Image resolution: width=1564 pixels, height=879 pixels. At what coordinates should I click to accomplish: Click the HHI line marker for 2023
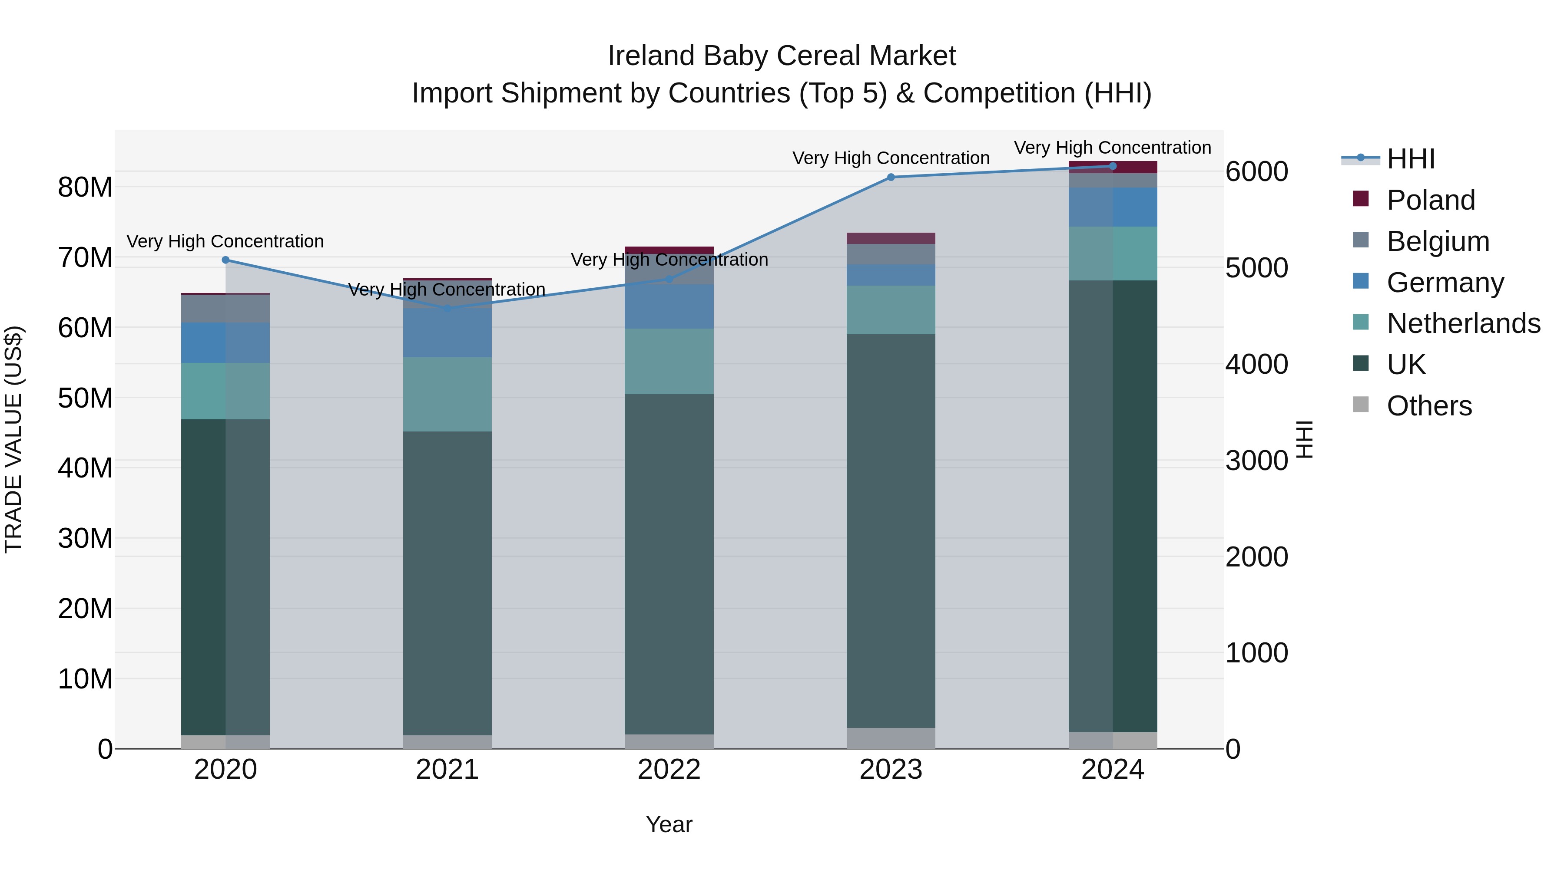click(891, 177)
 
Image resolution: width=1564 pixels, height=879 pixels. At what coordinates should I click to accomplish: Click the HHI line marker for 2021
click(447, 309)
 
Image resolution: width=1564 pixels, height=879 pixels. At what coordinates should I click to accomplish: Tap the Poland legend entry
click(1431, 200)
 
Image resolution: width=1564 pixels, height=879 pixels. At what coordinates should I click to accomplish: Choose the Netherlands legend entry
click(1463, 323)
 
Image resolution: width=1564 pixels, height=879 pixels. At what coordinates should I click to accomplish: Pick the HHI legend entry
click(1410, 159)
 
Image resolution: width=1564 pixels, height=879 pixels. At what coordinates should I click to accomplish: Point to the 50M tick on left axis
click(85, 398)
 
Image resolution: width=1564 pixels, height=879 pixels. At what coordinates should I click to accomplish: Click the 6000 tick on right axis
click(1256, 171)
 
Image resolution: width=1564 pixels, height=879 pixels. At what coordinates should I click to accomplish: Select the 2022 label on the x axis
click(669, 770)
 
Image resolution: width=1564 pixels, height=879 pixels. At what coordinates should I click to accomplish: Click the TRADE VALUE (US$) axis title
click(13, 439)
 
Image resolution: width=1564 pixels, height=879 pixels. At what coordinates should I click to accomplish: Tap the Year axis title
click(669, 824)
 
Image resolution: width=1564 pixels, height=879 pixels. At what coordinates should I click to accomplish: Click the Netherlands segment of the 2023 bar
click(891, 309)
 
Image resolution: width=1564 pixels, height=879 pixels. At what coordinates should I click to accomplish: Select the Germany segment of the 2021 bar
click(447, 333)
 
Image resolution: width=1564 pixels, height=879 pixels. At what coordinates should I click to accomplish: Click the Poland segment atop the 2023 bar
click(891, 238)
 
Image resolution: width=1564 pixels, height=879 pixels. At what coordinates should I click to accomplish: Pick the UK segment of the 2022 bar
click(669, 564)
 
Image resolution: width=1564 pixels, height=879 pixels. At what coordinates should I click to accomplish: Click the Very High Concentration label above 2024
click(1112, 148)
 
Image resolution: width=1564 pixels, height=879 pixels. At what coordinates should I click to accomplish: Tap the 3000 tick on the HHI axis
click(1256, 461)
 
